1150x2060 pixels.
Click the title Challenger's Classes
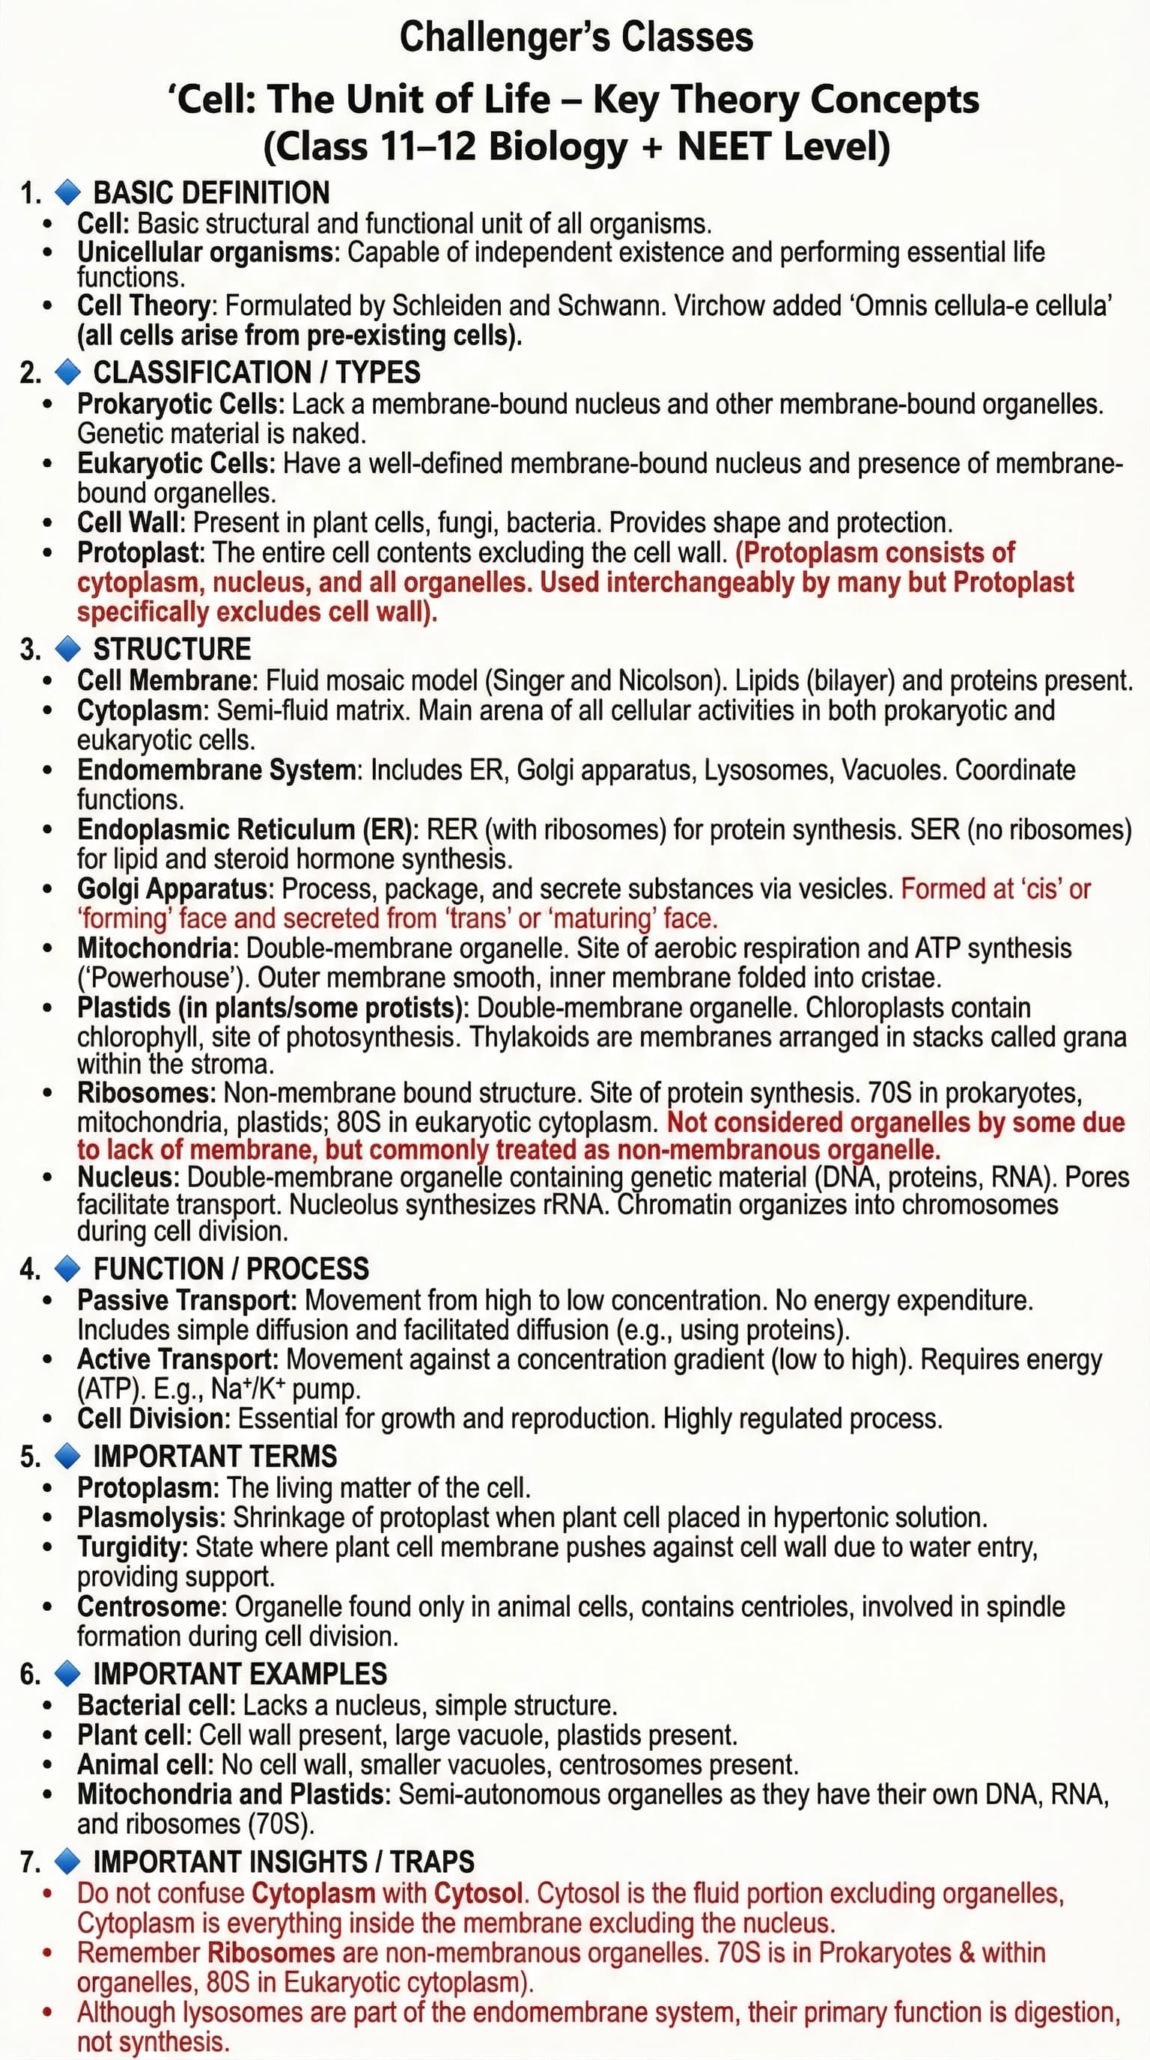coord(576,37)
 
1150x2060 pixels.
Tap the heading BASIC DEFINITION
coord(211,192)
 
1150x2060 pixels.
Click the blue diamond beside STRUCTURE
coord(68,648)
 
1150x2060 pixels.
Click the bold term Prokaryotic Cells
coord(177,404)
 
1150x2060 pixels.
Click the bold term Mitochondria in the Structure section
coord(155,948)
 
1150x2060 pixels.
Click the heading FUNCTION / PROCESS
coord(231,1268)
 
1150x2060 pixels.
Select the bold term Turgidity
coord(130,1546)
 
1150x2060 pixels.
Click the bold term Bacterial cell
coord(155,1705)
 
